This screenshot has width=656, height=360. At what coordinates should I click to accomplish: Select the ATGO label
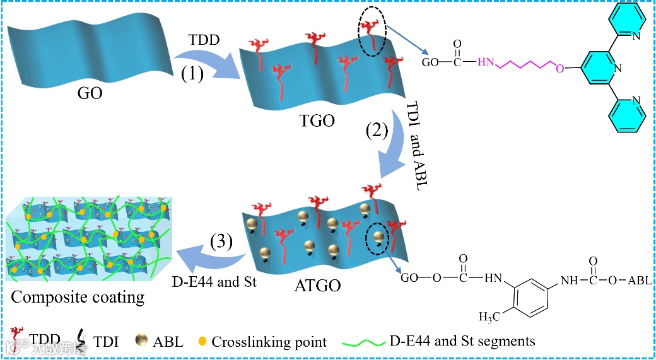[x=317, y=286]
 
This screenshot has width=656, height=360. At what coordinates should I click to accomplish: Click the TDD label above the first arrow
[x=205, y=40]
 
